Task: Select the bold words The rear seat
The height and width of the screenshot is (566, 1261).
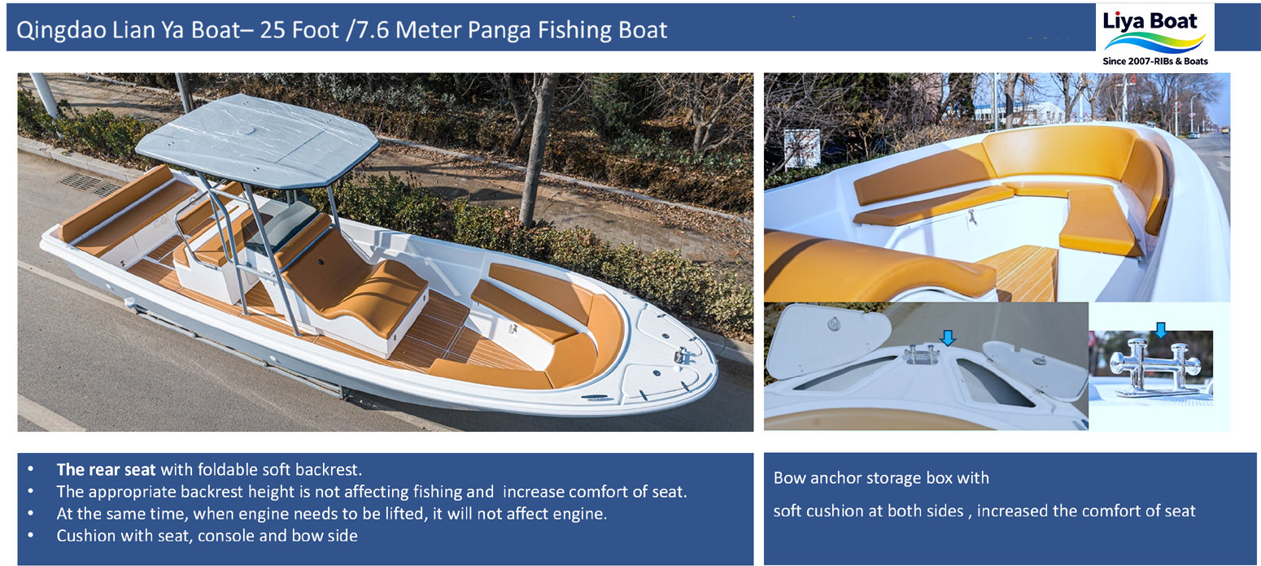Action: [106, 469]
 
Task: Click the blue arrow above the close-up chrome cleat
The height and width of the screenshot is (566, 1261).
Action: [1160, 329]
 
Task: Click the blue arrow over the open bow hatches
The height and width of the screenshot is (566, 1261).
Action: [947, 337]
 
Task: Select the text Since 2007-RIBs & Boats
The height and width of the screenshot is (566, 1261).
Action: [1154, 61]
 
